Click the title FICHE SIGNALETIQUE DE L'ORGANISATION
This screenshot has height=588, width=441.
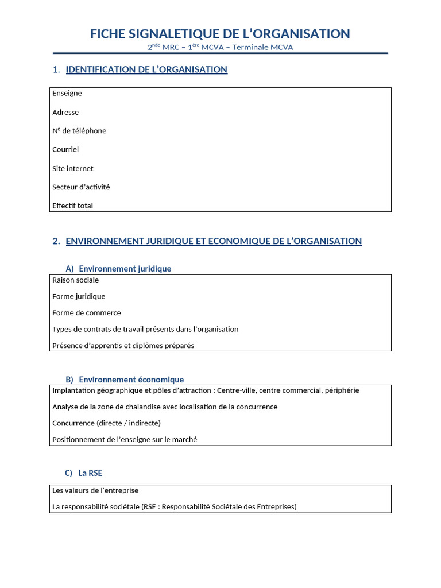coord(220,34)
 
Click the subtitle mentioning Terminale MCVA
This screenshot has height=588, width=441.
coord(220,47)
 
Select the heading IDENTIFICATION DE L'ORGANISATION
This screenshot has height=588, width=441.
coord(146,69)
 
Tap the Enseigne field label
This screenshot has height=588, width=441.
coord(67,93)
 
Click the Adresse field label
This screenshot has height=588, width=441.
coord(65,112)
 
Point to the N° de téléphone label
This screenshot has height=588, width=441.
coord(79,131)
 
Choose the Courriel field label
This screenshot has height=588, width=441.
coord(65,149)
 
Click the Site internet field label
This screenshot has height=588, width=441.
coord(73,168)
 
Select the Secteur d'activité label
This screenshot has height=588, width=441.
coord(81,187)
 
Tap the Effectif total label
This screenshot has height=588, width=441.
coord(72,206)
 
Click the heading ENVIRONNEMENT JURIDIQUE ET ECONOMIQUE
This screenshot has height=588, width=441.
coord(214,241)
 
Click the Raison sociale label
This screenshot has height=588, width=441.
coord(75,280)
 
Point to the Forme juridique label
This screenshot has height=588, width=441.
coord(79,296)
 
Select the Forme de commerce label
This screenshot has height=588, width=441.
coord(87,313)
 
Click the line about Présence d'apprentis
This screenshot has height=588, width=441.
coord(123,346)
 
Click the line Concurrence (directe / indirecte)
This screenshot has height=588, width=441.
coord(106,423)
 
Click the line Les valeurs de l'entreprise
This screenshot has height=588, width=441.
coord(95,491)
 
